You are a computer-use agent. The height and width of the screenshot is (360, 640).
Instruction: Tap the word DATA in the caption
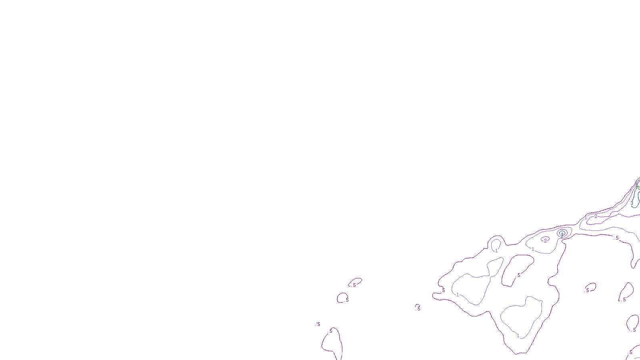tap(338, 354)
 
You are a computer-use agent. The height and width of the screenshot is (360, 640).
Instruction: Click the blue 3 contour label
tap(632, 203)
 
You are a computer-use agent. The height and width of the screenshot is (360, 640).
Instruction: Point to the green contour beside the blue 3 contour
tap(638, 186)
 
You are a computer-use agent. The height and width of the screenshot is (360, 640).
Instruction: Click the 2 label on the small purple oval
tap(545, 240)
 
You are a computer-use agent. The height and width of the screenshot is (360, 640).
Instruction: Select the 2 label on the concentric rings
tap(562, 236)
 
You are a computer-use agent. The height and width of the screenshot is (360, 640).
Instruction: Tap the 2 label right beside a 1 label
tap(596, 216)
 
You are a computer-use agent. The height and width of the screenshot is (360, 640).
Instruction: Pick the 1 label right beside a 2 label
tap(586, 218)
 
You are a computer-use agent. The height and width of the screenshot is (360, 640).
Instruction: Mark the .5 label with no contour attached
tap(318, 324)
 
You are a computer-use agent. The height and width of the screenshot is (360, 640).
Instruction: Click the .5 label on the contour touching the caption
tap(330, 331)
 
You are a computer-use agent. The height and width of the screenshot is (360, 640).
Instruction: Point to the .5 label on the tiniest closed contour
tap(418, 309)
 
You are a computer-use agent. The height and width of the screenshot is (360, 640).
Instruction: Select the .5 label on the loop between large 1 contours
tap(519, 275)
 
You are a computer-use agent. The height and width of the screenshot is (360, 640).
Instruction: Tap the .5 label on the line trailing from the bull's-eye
tap(617, 238)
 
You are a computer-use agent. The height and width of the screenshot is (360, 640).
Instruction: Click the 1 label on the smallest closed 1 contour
tap(497, 251)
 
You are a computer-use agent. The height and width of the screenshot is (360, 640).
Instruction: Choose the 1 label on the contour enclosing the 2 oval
tap(533, 249)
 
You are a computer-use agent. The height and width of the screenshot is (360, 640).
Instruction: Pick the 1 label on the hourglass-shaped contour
tap(458, 295)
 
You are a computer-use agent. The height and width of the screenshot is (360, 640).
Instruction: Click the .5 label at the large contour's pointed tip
tap(443, 290)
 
